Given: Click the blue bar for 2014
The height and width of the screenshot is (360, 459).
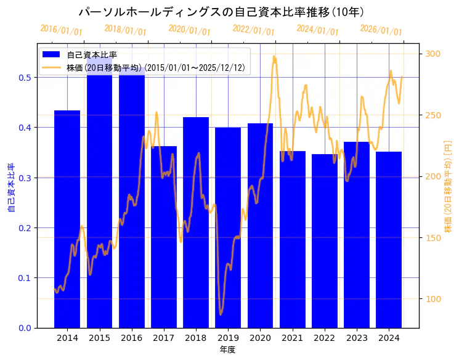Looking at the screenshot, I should (67, 219).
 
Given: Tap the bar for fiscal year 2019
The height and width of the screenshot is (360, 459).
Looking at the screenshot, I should (228, 227).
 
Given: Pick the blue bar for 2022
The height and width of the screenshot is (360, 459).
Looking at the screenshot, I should (325, 240).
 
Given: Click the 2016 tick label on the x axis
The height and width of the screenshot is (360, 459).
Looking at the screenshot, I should (131, 338).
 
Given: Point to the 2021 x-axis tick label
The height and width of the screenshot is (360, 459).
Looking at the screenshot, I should (293, 338).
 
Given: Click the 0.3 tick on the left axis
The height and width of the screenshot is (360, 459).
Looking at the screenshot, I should (25, 178).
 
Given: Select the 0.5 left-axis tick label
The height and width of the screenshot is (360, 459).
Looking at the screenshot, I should (25, 78).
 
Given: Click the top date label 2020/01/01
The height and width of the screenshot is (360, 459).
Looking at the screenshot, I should (189, 30).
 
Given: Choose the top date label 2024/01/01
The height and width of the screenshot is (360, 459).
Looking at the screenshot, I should (317, 29).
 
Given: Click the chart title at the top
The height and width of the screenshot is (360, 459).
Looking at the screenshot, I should (221, 12).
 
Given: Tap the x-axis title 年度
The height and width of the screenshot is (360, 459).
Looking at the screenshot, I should (227, 350).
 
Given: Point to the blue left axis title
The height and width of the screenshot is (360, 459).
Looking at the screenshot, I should (10, 187).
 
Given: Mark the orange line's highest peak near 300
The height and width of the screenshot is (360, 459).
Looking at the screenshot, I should (274, 57).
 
